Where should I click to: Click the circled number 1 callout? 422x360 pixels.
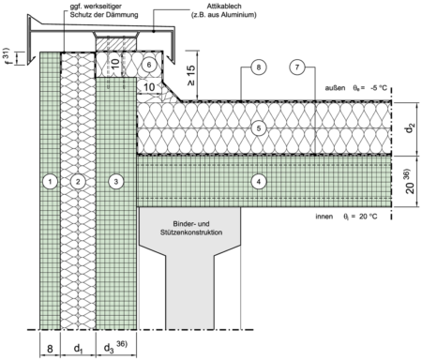click(51, 181)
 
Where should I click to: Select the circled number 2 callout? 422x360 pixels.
click(78, 181)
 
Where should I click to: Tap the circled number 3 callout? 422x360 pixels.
click(116, 181)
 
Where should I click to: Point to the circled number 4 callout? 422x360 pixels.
click(259, 181)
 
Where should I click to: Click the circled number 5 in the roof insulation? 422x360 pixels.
click(259, 128)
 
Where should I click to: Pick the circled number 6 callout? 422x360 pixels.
click(149, 65)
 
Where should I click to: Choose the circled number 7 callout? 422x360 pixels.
click(297, 67)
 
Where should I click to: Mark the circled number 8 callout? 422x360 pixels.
click(259, 67)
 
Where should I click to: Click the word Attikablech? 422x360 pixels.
click(224, 7)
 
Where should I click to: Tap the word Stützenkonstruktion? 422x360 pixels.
click(191, 232)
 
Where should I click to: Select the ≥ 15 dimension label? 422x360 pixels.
click(191, 75)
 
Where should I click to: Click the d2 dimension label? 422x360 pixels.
click(411, 128)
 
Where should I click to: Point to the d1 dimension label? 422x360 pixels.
click(78, 349)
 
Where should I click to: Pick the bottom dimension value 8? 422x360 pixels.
click(50, 349)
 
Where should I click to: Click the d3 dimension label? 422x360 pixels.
click(109, 349)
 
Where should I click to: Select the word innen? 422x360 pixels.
click(324, 217)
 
